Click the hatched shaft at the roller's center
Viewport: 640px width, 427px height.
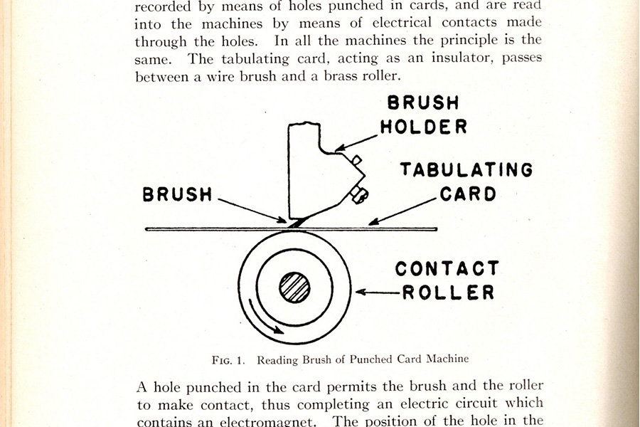point(294,288)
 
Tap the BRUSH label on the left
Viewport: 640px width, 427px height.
point(177,194)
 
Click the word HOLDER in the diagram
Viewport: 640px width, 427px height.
point(424,127)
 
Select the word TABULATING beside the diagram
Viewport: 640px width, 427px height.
point(466,169)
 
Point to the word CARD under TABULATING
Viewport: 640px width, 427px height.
point(468,194)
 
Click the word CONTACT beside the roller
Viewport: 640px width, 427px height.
point(447,268)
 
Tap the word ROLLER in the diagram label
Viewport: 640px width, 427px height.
point(449,292)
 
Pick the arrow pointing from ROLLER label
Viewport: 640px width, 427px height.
point(378,292)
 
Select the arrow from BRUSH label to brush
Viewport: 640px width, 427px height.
point(252,211)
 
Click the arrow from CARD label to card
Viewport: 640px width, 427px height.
point(402,211)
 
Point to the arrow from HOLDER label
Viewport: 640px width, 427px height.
point(356,143)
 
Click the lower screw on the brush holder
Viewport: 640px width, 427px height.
point(360,195)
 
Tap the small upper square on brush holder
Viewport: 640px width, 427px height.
point(357,159)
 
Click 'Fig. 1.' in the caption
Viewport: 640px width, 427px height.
point(228,360)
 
